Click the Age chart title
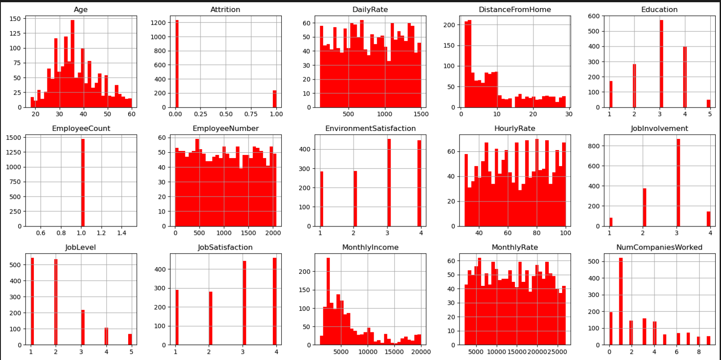point(81,9)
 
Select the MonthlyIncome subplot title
point(370,247)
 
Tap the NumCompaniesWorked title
point(659,247)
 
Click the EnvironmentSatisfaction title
point(370,128)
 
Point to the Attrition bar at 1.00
point(275,99)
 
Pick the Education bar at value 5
point(708,103)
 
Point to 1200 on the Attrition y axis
point(159,22)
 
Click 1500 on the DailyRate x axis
point(421,114)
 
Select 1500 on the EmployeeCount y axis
point(13,138)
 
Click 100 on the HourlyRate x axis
point(565,233)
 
